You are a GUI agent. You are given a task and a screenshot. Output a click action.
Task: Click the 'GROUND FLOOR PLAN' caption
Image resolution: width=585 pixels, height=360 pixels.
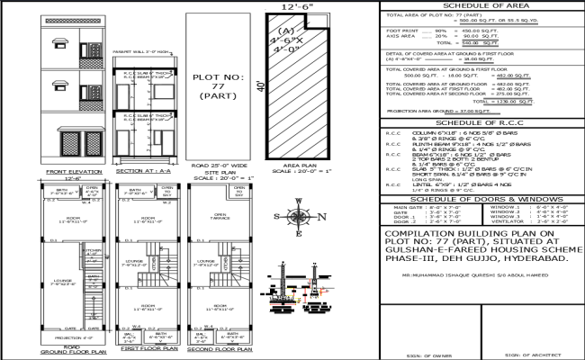click(60, 352)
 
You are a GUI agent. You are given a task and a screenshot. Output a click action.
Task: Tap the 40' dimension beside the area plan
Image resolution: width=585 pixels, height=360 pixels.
click(258, 85)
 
